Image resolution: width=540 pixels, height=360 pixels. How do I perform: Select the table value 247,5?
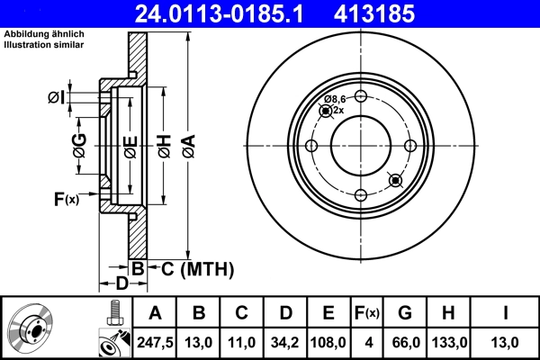(155, 342)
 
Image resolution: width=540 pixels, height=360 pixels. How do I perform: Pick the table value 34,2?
(285, 342)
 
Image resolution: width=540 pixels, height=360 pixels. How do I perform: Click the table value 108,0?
(328, 342)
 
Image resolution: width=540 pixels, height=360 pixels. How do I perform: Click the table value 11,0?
(242, 342)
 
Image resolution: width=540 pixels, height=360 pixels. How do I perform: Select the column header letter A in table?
(155, 313)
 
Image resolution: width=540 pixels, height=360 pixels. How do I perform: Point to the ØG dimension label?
(79, 143)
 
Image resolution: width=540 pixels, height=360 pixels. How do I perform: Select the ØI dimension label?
(56, 96)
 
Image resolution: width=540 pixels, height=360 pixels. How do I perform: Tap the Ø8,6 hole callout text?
(335, 99)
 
